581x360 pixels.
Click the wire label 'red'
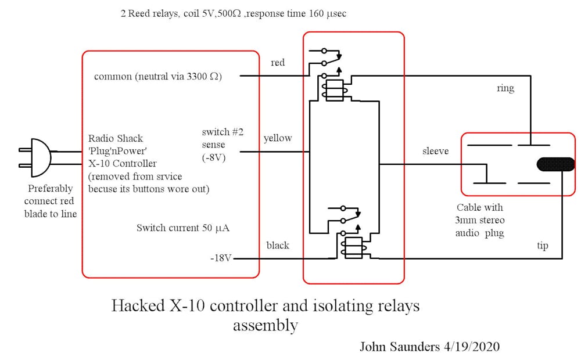278,63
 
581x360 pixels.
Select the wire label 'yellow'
278,139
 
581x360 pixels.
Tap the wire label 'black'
278,245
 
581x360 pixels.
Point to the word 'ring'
505,89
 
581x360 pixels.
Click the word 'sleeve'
436,152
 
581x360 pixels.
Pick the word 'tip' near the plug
542,246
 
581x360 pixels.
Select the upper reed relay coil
335,89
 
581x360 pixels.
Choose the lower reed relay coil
354,247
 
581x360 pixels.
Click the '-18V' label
221,258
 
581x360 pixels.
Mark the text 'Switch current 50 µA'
183,228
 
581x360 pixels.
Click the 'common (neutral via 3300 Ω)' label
157,77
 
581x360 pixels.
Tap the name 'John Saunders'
400,347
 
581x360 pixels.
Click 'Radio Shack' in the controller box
116,138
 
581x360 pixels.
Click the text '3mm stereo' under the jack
480,221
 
